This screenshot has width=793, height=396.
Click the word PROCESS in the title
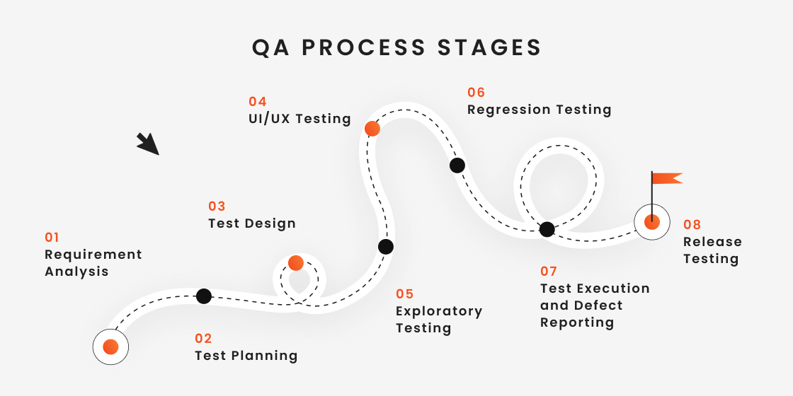point(366,47)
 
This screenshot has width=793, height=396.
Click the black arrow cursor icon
point(148,143)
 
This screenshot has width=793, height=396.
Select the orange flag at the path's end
point(666,178)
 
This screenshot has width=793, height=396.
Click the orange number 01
point(52,237)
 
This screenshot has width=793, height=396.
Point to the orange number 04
point(257,101)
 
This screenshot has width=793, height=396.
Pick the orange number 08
point(692,224)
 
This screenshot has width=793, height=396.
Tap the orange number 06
point(476,92)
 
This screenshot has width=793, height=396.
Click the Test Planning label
point(246,356)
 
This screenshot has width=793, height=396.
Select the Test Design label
point(251,223)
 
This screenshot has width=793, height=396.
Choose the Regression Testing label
point(539,110)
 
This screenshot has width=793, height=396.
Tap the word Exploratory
point(439,311)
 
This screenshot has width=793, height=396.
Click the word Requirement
point(93,255)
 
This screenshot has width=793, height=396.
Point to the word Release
point(712,242)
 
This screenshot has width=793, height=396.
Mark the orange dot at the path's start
point(110,346)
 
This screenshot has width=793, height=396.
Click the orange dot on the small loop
point(296,263)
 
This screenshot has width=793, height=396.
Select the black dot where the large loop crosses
point(547,229)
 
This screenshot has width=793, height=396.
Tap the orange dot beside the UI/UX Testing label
point(372,129)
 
